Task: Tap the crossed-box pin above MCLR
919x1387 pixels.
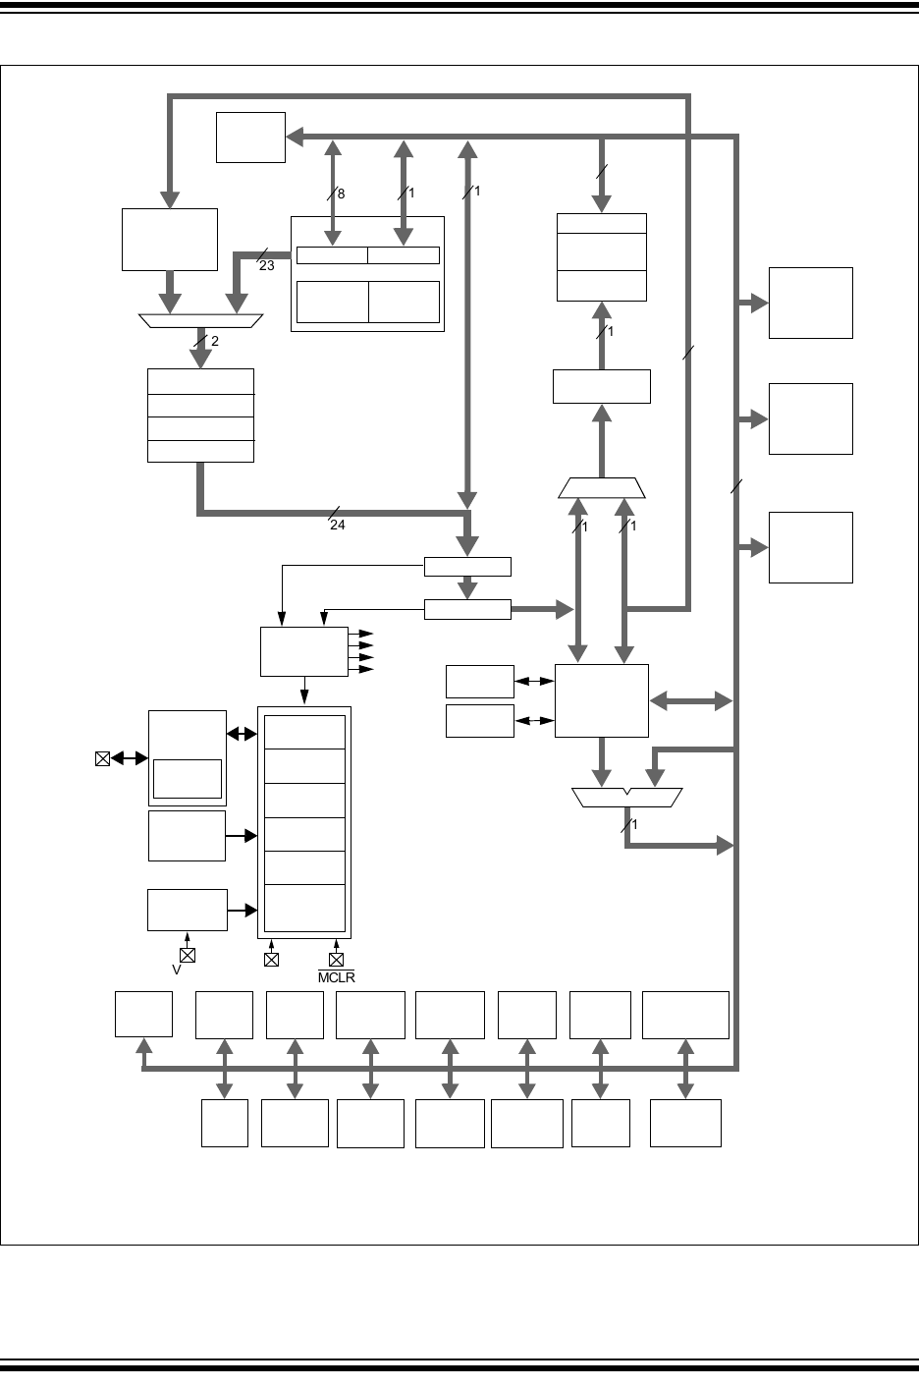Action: pyautogui.click(x=336, y=959)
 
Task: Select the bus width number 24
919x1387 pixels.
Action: pyautogui.click(x=338, y=526)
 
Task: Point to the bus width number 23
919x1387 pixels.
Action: pyautogui.click(x=267, y=265)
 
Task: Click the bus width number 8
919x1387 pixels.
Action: pyautogui.click(x=341, y=194)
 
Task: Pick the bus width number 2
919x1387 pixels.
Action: pyautogui.click(x=215, y=342)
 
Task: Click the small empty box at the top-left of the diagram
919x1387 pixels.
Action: pyautogui.click(x=250, y=137)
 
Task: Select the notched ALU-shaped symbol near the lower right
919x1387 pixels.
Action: pyautogui.click(x=626, y=798)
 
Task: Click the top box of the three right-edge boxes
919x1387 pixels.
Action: pyautogui.click(x=810, y=303)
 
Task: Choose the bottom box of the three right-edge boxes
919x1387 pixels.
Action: pyautogui.click(x=810, y=547)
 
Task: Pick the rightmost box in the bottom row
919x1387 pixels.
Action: pyautogui.click(x=685, y=1123)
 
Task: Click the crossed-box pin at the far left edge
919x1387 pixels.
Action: pyautogui.click(x=102, y=758)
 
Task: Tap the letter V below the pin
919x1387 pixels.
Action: pyautogui.click(x=178, y=971)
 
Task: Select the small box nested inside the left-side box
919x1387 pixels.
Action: pyautogui.click(x=187, y=778)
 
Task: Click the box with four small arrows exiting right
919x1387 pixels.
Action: pyautogui.click(x=303, y=651)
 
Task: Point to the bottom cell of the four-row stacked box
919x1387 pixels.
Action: pyautogui.click(x=200, y=451)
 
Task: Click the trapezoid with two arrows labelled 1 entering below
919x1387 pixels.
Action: pyautogui.click(x=602, y=488)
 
